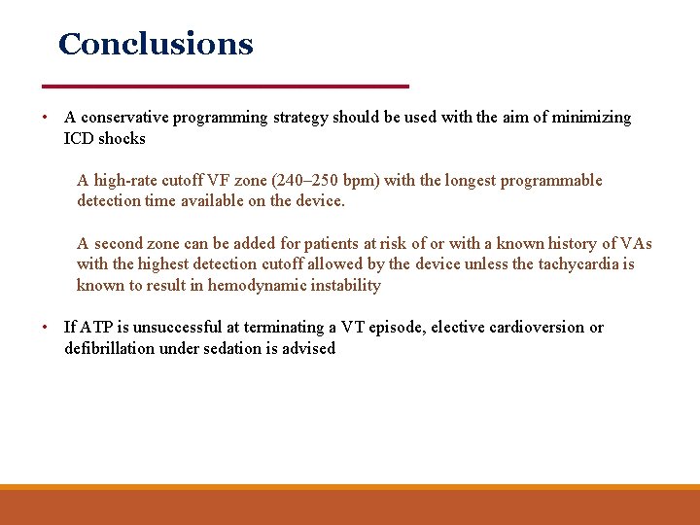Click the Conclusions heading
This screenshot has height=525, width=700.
(156, 45)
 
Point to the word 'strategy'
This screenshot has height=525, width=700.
(301, 118)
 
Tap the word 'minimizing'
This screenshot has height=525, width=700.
(592, 118)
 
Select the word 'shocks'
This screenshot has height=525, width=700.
(122, 139)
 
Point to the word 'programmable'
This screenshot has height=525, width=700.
(551, 181)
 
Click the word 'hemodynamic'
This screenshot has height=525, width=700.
(255, 286)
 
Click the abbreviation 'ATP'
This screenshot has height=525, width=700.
(95, 328)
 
